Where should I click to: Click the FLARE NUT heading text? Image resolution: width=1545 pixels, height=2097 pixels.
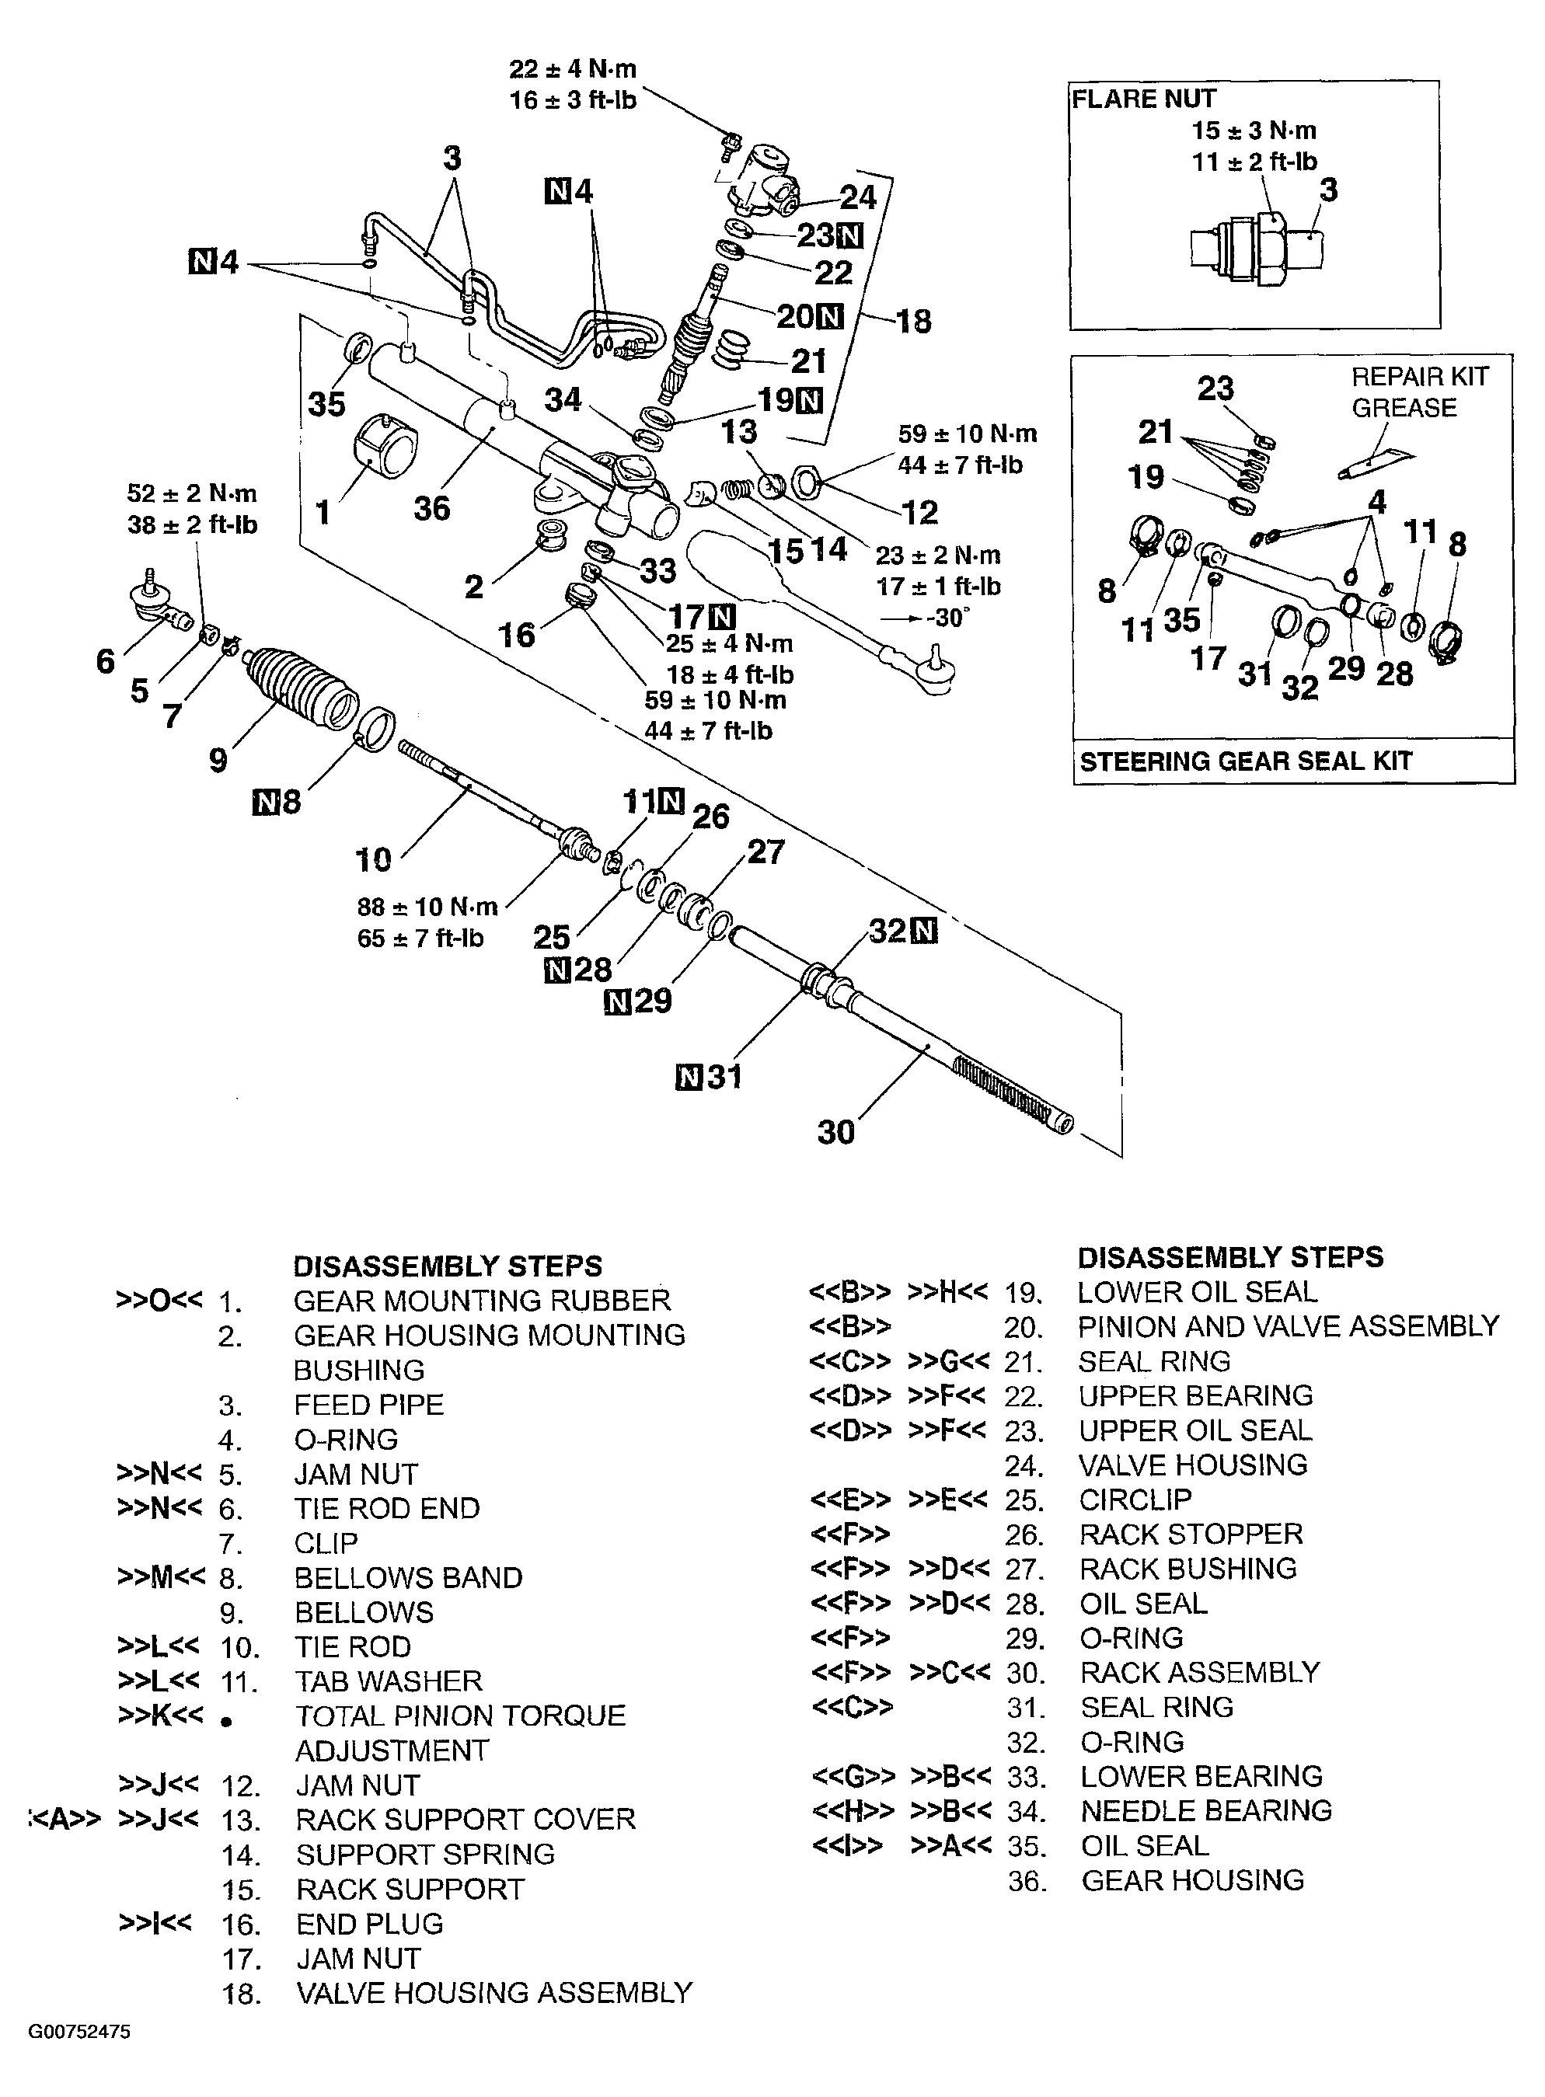pos(1143,99)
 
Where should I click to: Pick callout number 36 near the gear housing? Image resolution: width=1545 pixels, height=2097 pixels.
pos(431,509)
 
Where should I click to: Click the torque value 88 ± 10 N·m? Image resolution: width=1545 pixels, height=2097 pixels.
pos(427,907)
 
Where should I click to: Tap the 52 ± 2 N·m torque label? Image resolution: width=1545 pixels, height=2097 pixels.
pos(192,493)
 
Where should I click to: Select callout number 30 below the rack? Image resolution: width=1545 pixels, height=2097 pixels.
pos(835,1132)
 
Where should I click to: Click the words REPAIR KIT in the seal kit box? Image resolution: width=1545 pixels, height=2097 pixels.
pos(1419,377)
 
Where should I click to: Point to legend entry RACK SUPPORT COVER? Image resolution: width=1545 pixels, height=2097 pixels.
pos(465,1820)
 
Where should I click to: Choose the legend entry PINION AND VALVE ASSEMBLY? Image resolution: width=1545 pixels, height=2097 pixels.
pos(1288,1326)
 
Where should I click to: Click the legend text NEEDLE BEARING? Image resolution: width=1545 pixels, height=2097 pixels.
pos(1205,1811)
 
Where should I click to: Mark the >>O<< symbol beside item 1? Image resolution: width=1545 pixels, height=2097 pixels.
pos(159,1301)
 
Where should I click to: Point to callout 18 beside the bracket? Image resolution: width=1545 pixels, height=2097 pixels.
pos(913,321)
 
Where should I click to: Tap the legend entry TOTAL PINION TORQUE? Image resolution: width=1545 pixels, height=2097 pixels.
pos(460,1716)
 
